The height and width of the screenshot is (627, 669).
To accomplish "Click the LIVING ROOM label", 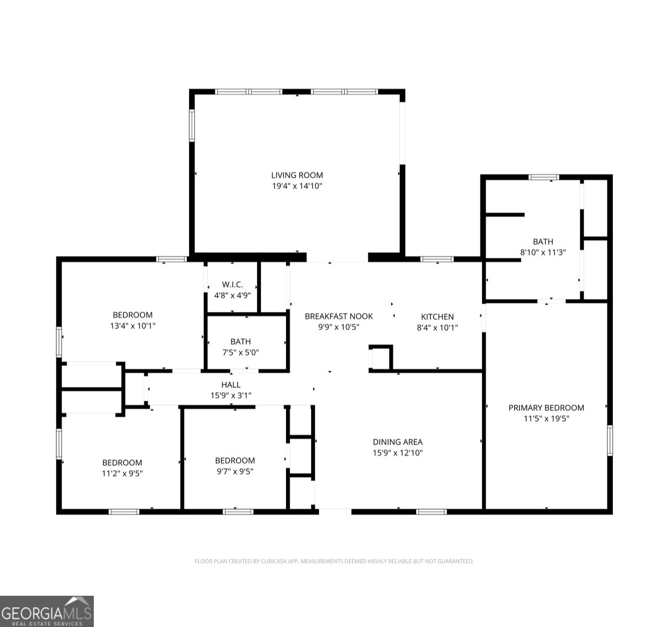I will tap(296, 175).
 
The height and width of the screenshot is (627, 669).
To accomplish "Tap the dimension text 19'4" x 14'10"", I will tap(296, 186).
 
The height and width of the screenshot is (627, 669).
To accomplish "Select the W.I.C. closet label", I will tap(232, 284).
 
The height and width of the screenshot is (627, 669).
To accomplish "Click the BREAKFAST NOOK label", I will tap(339, 316).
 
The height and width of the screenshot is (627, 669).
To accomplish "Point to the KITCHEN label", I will tap(437, 317).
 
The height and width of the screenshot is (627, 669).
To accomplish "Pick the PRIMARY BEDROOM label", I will tap(546, 408).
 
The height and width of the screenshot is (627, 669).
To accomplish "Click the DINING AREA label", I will tap(398, 442).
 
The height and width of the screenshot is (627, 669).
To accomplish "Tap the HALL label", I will tap(231, 385).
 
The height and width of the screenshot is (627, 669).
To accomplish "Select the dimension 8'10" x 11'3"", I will tap(543, 252).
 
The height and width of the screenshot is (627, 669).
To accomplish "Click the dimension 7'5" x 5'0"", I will tap(240, 352).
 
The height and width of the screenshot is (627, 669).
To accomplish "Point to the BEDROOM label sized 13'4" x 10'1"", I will tap(133, 315).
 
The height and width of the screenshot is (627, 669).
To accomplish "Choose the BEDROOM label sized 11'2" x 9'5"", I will tap(122, 463).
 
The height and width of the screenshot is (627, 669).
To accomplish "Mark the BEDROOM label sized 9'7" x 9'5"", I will tap(235, 460).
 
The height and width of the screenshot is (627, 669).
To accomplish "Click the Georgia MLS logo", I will tap(47, 611).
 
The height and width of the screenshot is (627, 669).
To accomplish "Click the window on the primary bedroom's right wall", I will tap(610, 440).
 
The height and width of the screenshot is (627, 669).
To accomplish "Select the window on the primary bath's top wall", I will tap(544, 178).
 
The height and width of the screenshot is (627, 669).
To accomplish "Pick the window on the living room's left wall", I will tap(192, 126).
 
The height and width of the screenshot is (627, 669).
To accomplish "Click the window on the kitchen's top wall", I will tap(437, 259).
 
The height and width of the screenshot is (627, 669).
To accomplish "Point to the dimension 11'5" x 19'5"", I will tap(546, 418).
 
